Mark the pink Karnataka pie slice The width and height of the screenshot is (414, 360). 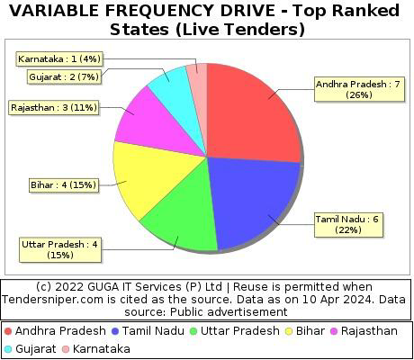[199, 90]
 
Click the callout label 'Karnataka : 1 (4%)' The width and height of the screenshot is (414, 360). [59, 58]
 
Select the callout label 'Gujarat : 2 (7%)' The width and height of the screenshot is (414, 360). [64, 76]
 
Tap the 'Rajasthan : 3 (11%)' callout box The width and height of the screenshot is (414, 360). [54, 107]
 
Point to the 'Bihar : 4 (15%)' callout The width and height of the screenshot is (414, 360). [63, 184]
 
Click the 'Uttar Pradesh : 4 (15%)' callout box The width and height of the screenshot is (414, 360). [60, 249]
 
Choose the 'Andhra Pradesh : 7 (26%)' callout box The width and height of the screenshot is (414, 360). [359, 89]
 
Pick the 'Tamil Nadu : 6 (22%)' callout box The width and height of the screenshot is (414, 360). [348, 225]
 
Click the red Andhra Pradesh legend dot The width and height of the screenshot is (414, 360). [8, 331]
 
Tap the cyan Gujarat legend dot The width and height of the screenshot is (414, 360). [8, 349]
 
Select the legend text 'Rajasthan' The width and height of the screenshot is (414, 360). [369, 331]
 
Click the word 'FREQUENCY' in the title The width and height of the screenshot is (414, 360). [159, 11]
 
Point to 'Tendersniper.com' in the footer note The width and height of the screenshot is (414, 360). [51, 300]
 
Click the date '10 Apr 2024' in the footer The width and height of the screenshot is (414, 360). [338, 300]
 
